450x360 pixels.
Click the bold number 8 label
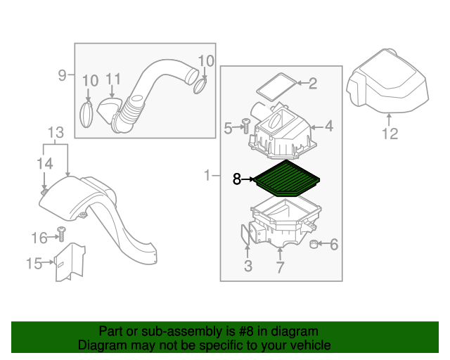point(237,179)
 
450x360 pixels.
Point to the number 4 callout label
point(328,127)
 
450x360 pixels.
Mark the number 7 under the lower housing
point(280,266)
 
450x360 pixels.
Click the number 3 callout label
point(247,266)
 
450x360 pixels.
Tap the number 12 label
point(390,134)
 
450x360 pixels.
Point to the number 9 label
point(62,75)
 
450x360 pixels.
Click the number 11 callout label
point(114,79)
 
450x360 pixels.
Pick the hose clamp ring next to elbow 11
point(86,113)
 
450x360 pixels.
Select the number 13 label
point(56,132)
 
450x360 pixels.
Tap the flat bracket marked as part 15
point(70,262)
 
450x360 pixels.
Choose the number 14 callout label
point(44,164)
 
